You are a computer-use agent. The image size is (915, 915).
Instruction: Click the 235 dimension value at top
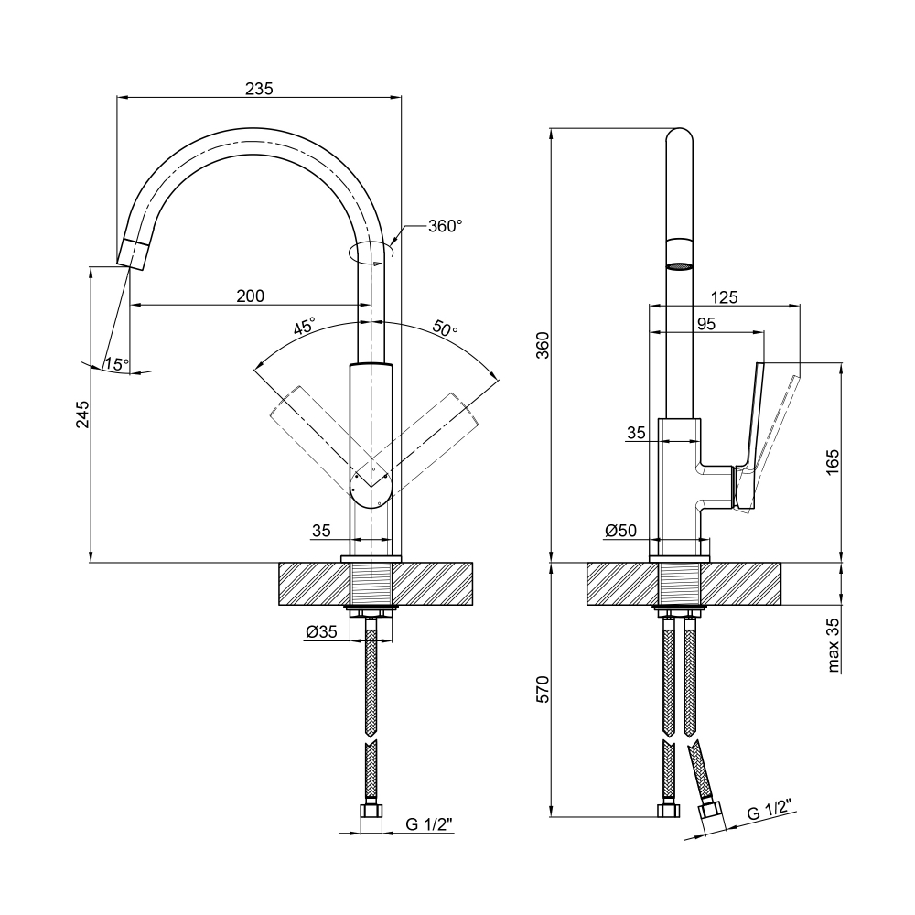[259, 89]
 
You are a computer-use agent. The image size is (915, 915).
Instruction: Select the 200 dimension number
[251, 296]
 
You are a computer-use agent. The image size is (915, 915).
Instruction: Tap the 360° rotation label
[446, 226]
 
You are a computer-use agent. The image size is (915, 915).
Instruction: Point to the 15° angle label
[117, 365]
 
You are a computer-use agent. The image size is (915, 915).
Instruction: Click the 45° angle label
[305, 326]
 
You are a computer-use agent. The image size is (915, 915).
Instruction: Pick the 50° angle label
[446, 328]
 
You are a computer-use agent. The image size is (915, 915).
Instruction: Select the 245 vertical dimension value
[83, 414]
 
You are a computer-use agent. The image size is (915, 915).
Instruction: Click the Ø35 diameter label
[321, 631]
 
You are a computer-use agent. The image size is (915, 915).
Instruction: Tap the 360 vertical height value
[543, 345]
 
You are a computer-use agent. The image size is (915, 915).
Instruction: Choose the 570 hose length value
[543, 689]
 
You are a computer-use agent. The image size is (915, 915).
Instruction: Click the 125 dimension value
[724, 297]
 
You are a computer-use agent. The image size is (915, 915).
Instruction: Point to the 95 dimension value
[706, 323]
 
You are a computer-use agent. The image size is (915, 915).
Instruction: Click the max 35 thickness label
[834, 645]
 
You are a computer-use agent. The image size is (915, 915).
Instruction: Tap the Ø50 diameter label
[621, 531]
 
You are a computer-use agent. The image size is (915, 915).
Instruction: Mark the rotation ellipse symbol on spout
[371, 253]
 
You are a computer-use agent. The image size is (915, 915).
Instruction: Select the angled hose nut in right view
[711, 816]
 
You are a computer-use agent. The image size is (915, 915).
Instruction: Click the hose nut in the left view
[371, 812]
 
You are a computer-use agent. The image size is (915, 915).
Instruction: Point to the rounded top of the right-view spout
[680, 135]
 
